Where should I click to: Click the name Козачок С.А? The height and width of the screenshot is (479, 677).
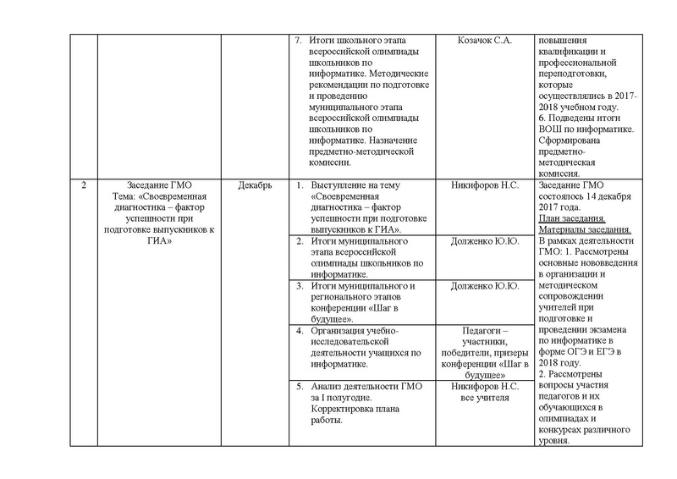(485, 40)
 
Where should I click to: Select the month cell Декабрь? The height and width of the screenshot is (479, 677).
(252, 186)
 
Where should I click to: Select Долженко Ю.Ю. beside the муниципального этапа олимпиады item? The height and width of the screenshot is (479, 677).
(485, 241)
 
